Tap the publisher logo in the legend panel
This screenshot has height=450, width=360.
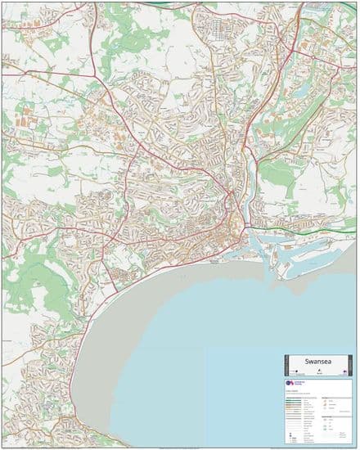tap(292, 384)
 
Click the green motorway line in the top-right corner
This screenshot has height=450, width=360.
tap(327, 7)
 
